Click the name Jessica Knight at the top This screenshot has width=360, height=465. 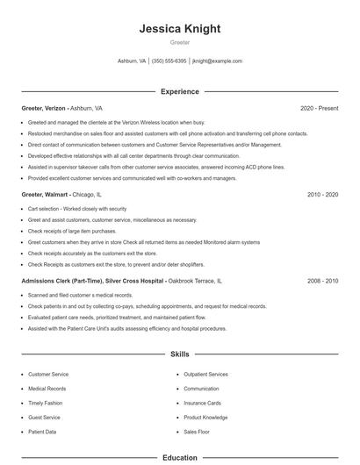179,29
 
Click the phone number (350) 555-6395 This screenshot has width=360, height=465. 169,61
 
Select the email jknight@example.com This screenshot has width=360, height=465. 217,61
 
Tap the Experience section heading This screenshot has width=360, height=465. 179,91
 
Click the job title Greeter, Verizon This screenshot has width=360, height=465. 44,108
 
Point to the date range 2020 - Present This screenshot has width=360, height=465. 319,108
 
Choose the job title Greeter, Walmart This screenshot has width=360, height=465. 45,194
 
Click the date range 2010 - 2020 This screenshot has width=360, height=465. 322,194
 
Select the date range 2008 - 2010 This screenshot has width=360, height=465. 322,281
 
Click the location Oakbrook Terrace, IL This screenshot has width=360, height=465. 194,281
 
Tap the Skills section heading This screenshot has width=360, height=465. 179,354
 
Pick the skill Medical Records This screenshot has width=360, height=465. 47,388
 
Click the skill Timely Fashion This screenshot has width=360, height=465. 46,403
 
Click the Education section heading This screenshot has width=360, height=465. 179,457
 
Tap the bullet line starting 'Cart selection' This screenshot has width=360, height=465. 77,209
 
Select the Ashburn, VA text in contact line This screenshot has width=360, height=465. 131,61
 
